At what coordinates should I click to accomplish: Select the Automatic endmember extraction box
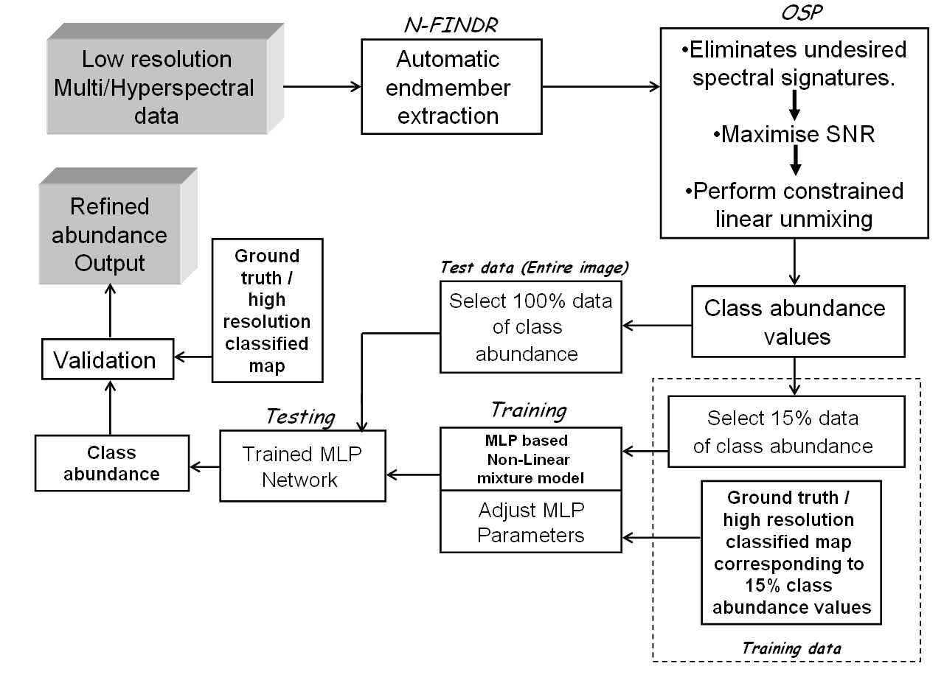click(x=451, y=87)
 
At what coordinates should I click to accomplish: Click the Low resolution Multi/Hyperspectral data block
click(x=156, y=87)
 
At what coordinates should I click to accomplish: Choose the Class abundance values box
click(x=794, y=322)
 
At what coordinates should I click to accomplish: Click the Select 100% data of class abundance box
click(x=531, y=326)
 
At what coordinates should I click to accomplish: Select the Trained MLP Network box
click(x=302, y=466)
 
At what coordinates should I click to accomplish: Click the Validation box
click(x=108, y=360)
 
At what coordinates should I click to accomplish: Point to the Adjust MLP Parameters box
click(x=531, y=522)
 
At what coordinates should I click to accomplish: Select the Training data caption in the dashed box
click(x=791, y=648)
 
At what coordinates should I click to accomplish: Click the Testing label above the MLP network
click(x=300, y=417)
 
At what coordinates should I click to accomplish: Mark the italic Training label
click(x=528, y=410)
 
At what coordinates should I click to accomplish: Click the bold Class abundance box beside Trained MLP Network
click(x=111, y=463)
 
